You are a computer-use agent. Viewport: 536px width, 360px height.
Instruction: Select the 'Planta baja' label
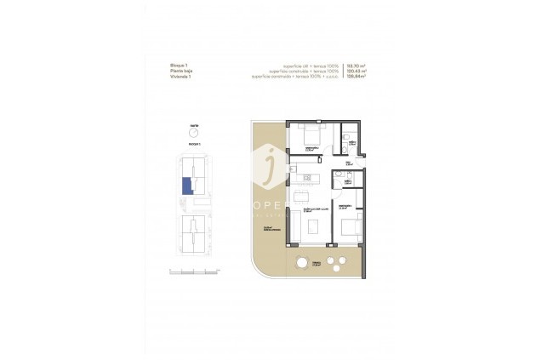[180, 71]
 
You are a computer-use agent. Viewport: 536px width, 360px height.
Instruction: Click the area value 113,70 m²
[358, 66]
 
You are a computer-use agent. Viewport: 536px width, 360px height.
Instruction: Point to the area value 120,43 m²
[358, 71]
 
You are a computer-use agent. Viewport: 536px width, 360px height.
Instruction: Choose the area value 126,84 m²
[358, 77]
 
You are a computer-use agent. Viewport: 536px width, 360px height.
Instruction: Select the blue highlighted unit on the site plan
[186, 186]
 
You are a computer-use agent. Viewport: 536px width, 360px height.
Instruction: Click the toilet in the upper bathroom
[347, 137]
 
